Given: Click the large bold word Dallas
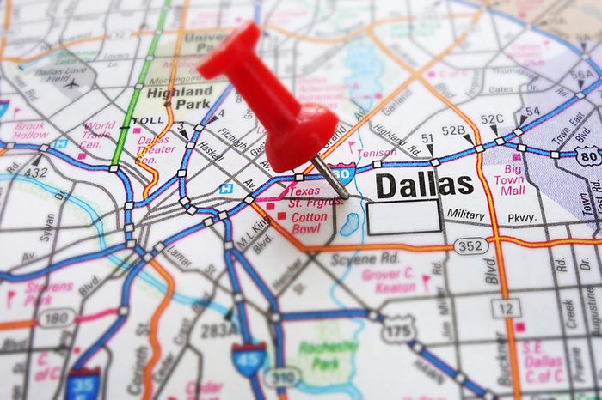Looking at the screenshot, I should [426, 185].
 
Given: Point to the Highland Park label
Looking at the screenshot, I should [179, 97].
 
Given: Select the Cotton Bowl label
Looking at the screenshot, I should [310, 223].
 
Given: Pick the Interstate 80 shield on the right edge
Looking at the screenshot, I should [589, 155].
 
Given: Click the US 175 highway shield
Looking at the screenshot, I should [398, 329].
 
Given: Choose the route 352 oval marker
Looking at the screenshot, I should [471, 246].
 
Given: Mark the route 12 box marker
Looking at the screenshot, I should [507, 307].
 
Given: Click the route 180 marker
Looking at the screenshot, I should [54, 318].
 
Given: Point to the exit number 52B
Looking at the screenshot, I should [453, 130].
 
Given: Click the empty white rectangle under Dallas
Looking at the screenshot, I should [403, 217].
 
